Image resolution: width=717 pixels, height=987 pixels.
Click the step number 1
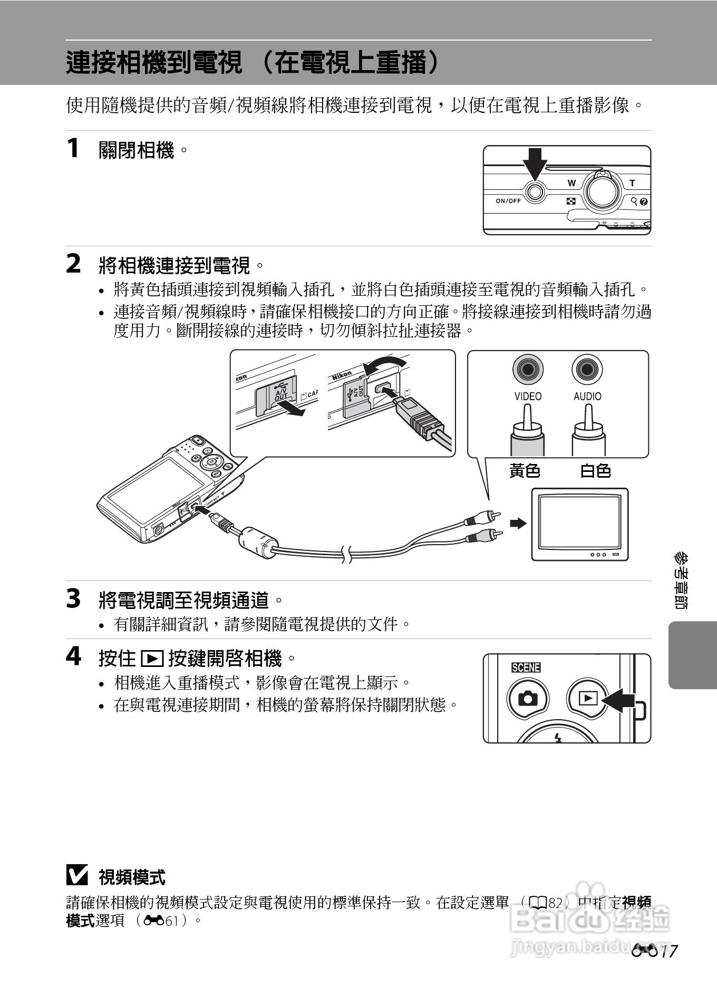[x=73, y=148]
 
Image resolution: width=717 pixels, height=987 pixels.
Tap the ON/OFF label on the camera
[x=508, y=201]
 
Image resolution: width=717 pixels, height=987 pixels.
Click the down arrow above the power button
[x=535, y=163]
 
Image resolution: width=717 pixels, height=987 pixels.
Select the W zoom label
[x=571, y=183]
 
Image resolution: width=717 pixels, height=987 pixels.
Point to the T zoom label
[x=632, y=183]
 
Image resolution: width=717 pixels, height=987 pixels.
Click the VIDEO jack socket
[x=528, y=369]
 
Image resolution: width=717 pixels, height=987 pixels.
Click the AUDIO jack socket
[x=587, y=369]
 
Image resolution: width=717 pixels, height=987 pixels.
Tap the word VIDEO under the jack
[x=528, y=396]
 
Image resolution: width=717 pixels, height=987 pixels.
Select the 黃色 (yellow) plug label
[x=525, y=470]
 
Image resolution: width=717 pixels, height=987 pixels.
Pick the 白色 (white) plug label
[x=595, y=470]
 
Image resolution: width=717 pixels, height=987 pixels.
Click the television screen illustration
[x=579, y=522]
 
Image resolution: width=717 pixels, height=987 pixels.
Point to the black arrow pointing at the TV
[x=518, y=523]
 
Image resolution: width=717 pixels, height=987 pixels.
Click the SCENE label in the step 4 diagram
[x=526, y=667]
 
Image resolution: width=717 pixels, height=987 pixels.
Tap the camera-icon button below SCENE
[x=528, y=699]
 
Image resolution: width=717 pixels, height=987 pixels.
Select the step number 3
[x=73, y=599]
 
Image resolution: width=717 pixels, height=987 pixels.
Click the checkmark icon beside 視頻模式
[x=77, y=876]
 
